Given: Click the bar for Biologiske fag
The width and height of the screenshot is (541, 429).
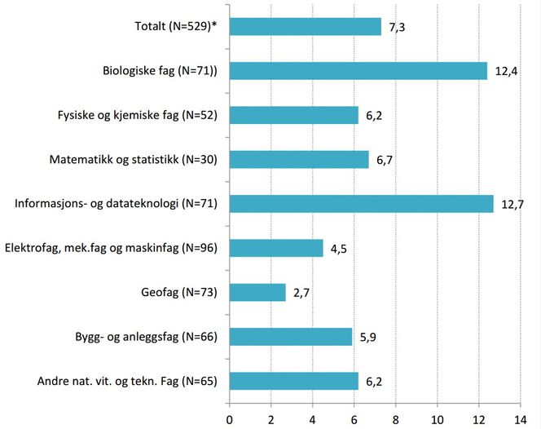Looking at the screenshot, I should (358, 71).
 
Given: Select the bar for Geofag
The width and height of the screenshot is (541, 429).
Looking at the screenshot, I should (257, 292).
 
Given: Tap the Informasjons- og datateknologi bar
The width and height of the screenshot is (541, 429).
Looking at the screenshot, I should (362, 204).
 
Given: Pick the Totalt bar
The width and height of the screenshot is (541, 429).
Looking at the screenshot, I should (306, 27).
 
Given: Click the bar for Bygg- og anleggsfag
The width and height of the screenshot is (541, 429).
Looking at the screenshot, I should (291, 336).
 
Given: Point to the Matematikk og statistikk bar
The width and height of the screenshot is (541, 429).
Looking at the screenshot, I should (299, 159).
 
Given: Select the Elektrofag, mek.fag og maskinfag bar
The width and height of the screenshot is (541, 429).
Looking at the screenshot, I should (276, 248).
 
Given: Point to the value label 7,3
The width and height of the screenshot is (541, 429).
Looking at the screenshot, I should (398, 28).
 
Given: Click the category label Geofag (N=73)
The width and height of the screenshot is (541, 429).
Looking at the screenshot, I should (176, 292).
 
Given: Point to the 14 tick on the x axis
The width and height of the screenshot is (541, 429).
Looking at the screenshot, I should (520, 418).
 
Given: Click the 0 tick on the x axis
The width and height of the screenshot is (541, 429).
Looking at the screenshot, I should (230, 418).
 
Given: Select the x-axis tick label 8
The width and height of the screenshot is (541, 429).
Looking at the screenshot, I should (396, 418).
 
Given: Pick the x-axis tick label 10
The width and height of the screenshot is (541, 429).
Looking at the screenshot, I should (438, 418).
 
